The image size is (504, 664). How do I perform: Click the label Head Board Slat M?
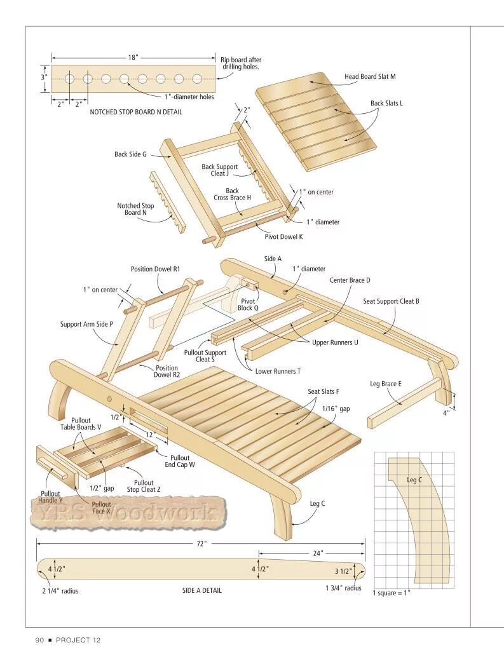(370, 76)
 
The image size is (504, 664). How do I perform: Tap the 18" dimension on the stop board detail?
(133, 57)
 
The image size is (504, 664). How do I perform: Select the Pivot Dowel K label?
(283, 236)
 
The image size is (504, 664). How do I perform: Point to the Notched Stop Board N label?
(135, 209)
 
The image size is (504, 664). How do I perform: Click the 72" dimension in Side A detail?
(201, 544)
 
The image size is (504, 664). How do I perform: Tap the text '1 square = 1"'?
(392, 593)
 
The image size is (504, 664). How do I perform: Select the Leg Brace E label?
(386, 384)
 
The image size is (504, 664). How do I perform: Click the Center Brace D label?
(350, 280)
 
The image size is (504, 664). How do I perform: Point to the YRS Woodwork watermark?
(127, 512)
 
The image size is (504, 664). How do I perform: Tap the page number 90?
(39, 640)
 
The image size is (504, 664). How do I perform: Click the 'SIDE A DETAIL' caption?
(202, 590)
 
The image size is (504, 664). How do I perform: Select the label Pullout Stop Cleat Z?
(144, 486)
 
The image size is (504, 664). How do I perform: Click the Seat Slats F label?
(324, 392)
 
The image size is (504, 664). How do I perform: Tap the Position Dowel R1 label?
(156, 269)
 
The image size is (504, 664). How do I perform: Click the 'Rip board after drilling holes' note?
(241, 64)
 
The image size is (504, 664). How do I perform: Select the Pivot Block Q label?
(248, 304)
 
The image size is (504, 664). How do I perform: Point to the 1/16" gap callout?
(336, 409)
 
